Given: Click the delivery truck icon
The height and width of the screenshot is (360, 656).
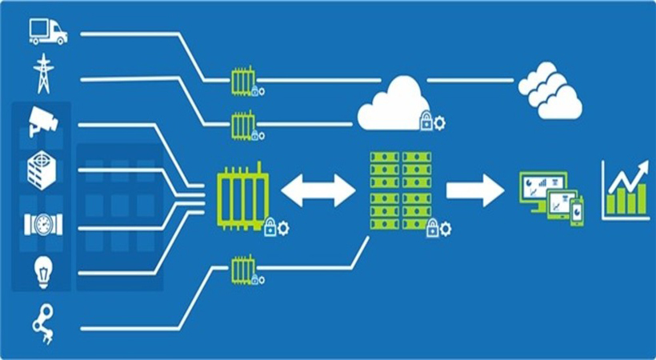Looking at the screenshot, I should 47,31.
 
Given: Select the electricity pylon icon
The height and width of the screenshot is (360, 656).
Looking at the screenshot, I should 42,73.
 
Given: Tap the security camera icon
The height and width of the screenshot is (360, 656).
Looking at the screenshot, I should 42,120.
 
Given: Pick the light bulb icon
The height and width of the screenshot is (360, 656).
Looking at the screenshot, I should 42,270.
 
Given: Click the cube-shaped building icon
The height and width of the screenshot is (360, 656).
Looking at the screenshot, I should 42,170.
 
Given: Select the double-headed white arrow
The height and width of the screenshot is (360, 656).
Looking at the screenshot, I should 318,190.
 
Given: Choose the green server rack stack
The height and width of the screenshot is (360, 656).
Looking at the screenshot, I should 399,190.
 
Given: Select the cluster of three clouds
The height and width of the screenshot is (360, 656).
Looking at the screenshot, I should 549,90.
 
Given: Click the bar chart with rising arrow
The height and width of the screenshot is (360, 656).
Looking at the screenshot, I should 625,188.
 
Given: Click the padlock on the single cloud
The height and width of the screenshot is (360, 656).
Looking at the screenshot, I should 426,122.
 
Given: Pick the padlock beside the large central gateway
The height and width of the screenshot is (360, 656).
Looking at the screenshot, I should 270,228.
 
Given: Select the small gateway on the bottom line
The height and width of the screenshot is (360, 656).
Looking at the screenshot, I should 242,270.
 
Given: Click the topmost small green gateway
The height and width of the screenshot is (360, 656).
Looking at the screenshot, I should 242,81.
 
